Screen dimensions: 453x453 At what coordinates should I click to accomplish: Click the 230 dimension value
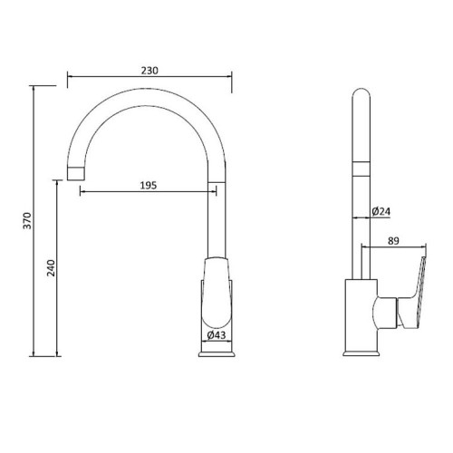pyautogui.click(x=149, y=71)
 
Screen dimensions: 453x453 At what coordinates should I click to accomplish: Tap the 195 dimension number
pyautogui.click(x=149, y=186)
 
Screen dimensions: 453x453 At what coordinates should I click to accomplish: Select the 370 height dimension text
pyautogui.click(x=27, y=221)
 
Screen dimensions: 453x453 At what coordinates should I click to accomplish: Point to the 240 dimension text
pyautogui.click(x=52, y=268)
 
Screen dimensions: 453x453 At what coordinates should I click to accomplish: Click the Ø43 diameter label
pyautogui.click(x=217, y=335)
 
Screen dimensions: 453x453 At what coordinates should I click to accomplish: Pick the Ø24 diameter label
pyautogui.click(x=381, y=211)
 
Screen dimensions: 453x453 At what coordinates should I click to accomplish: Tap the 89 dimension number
pyautogui.click(x=393, y=241)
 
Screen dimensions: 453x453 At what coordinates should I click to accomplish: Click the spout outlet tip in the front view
pyautogui.click(x=75, y=173)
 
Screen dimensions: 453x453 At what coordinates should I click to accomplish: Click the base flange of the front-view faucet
pyautogui.click(x=217, y=354)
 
